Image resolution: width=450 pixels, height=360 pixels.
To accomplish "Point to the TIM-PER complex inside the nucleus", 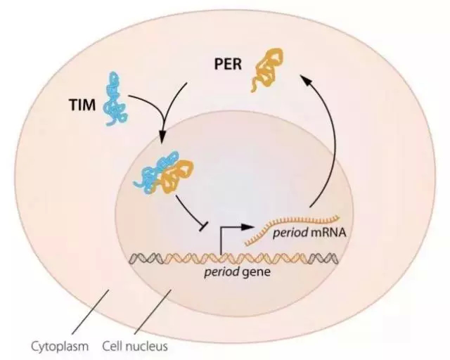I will click(x=162, y=175).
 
